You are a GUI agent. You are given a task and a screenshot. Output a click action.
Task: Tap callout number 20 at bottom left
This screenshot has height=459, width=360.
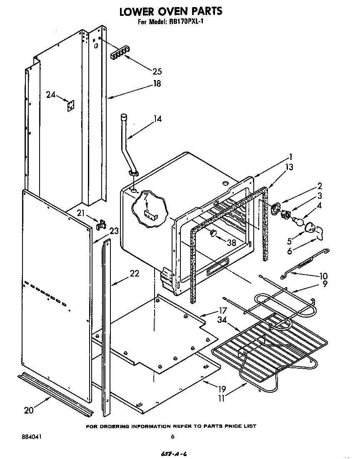[x=28, y=410]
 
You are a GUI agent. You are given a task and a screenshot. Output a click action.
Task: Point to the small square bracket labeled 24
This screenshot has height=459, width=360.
[x=71, y=106]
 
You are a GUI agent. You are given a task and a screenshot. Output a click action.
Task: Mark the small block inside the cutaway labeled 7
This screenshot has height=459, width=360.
[x=150, y=215]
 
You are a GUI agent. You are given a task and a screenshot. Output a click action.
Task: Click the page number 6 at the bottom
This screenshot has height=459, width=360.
[x=172, y=437]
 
